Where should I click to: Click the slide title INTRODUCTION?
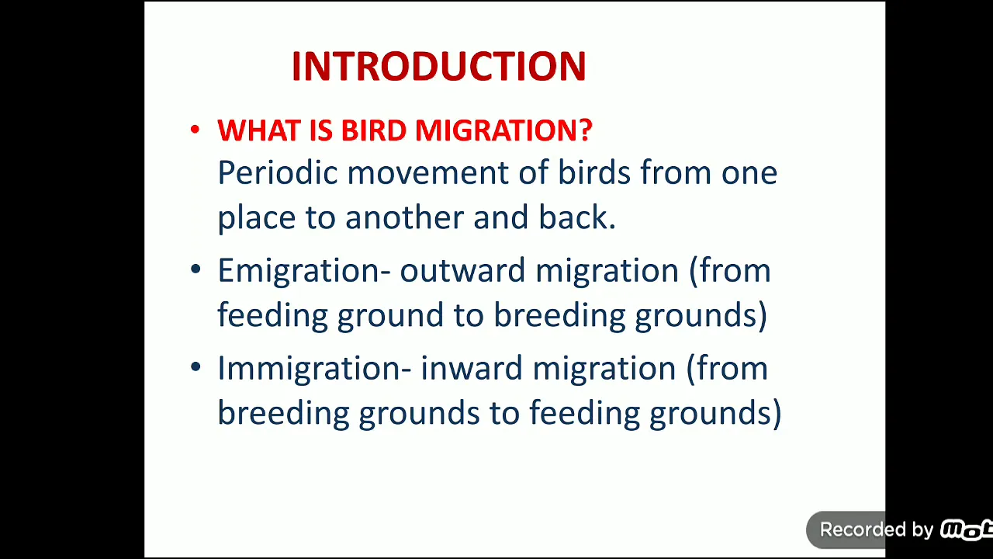click(x=439, y=66)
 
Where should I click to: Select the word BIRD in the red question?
click(x=373, y=130)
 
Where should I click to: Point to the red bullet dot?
click(x=195, y=130)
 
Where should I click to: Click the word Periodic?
click(x=278, y=172)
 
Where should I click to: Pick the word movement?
click(x=427, y=173)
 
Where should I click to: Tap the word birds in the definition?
click(x=594, y=172)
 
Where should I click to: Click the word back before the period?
click(x=573, y=217)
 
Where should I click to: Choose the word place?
click(x=256, y=218)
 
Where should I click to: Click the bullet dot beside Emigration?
click(x=195, y=269)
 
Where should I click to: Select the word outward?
click(x=463, y=271)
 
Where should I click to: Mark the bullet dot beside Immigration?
click(x=195, y=366)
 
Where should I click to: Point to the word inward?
click(x=472, y=369)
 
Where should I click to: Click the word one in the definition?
click(x=749, y=173)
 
